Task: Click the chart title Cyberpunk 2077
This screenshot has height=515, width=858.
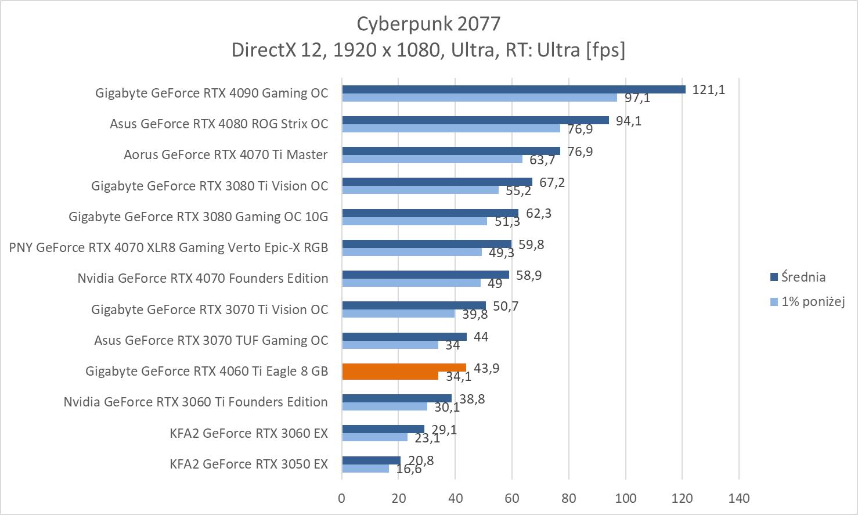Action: (x=428, y=24)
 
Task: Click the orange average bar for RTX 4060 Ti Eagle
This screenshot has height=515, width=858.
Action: (x=404, y=368)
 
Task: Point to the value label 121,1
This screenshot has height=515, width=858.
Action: (x=708, y=90)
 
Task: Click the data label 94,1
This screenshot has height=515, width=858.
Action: (x=629, y=121)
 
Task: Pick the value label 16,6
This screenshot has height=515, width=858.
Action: (x=409, y=469)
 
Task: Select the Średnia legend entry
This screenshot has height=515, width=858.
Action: (x=803, y=277)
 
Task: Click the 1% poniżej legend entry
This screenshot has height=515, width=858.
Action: (x=812, y=301)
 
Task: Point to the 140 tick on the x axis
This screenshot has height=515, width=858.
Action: (x=739, y=498)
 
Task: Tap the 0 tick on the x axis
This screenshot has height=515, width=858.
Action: (x=342, y=498)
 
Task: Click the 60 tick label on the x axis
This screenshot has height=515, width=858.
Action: (x=512, y=498)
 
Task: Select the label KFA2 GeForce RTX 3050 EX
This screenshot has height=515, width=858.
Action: (x=248, y=464)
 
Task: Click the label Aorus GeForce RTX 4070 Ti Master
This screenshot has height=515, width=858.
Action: (x=225, y=154)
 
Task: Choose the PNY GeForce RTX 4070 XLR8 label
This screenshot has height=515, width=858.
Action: (x=168, y=247)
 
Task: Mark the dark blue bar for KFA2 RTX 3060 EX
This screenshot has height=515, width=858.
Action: (x=383, y=429)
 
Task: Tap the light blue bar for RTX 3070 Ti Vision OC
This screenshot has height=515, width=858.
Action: (x=398, y=314)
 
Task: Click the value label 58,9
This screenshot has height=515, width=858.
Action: (x=529, y=275)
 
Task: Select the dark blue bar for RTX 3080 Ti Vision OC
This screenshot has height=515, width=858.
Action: (x=437, y=182)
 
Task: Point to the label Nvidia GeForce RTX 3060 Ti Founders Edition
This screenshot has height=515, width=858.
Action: (x=196, y=402)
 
